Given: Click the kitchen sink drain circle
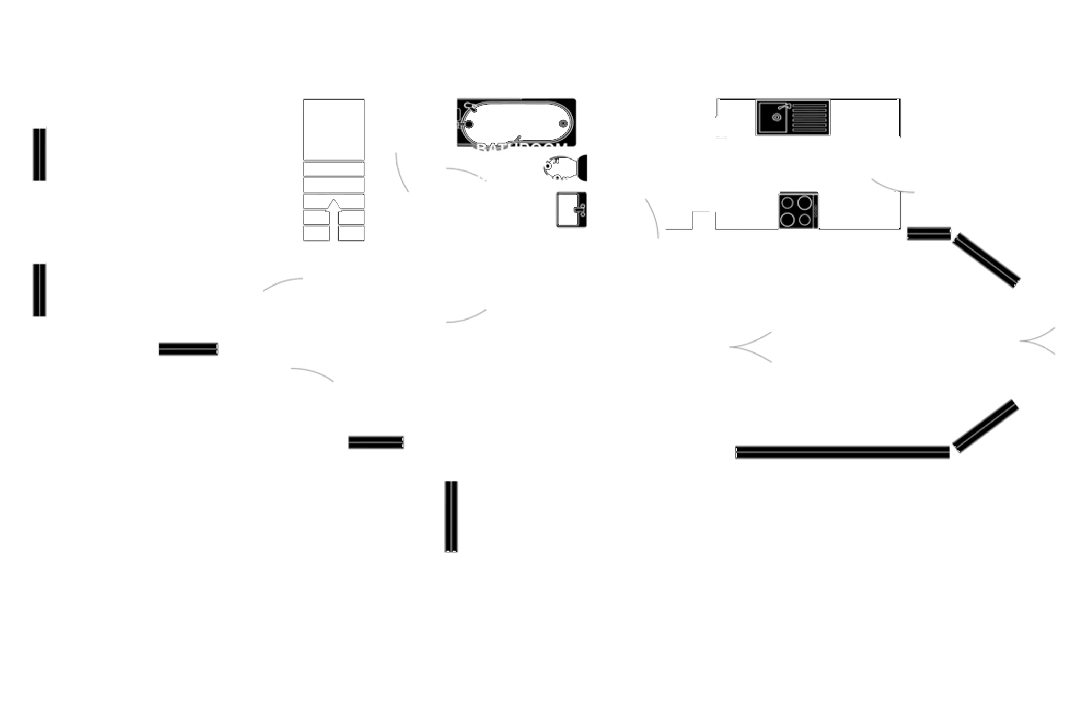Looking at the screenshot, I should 776,117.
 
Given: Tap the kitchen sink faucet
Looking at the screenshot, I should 782,107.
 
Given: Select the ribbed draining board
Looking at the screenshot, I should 810,118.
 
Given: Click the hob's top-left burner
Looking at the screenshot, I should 789,201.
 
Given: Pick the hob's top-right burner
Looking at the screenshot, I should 805,201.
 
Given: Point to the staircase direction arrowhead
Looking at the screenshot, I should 334,203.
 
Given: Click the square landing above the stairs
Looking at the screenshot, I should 333,129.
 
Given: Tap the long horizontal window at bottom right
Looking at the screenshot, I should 842,452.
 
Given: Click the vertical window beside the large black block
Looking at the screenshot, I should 451,516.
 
